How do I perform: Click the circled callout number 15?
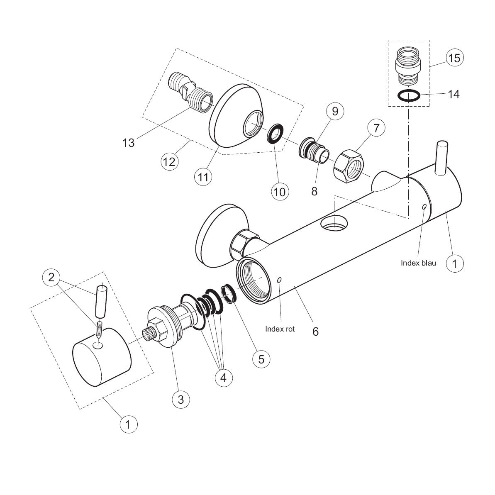(x=455, y=58)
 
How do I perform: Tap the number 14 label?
(x=454, y=94)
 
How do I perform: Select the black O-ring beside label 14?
(x=409, y=96)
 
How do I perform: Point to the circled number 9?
(x=335, y=111)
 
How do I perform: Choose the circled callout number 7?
(x=376, y=128)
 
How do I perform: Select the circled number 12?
(x=169, y=162)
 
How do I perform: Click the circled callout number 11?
(x=203, y=177)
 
